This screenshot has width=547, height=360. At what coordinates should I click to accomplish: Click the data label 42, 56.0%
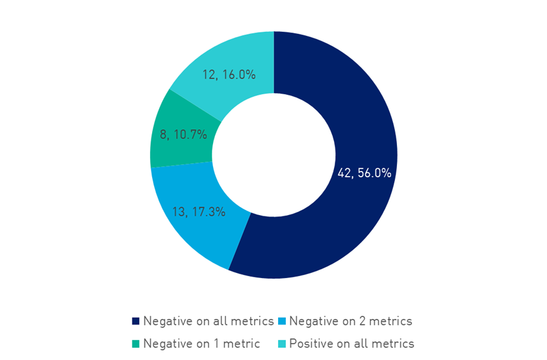coord(364,173)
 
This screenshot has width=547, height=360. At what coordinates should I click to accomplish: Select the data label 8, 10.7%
coord(184,135)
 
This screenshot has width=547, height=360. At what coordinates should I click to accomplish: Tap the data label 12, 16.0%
coord(228,75)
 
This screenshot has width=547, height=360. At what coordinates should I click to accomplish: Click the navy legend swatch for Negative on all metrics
coord(136,321)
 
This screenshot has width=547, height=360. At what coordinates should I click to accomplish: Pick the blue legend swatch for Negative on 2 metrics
coord(281,321)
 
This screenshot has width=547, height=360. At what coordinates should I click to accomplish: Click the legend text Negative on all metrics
coord(208,321)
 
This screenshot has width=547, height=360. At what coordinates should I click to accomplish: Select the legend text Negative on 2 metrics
coord(350,321)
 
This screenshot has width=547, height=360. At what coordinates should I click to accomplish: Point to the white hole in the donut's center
coord(273,155)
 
